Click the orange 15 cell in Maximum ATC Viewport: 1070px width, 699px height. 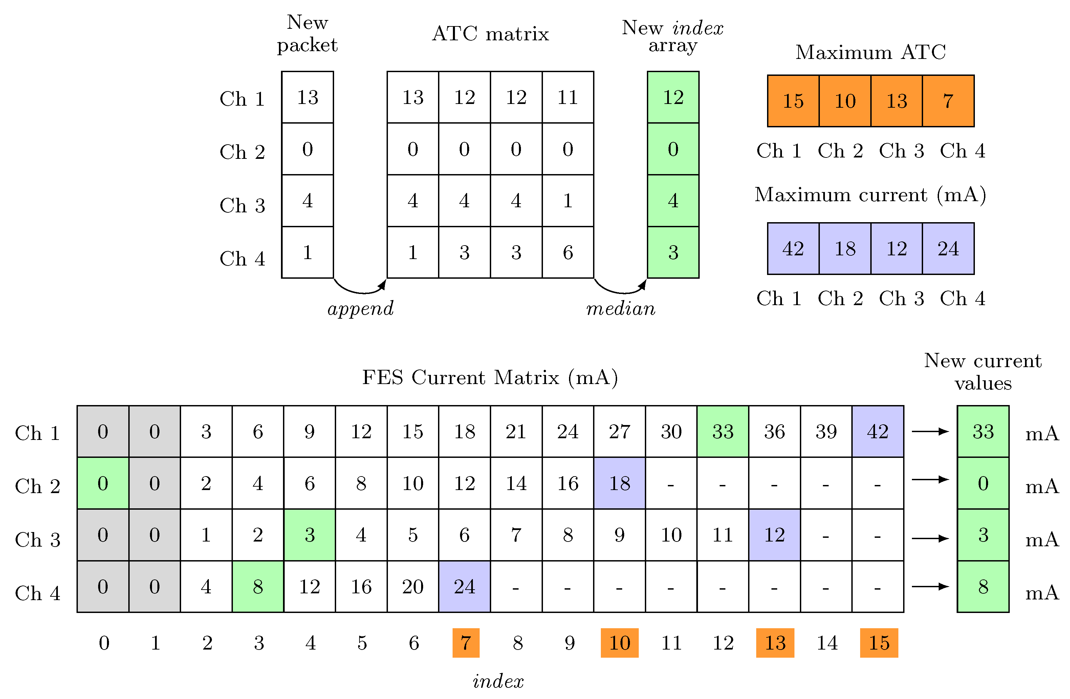793,101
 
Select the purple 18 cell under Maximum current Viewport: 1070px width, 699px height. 845,248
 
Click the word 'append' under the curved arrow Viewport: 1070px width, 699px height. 361,309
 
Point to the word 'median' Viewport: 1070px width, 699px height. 621,309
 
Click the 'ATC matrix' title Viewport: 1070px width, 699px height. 490,34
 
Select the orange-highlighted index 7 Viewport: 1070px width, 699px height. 466,643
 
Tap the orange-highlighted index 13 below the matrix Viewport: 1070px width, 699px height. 775,643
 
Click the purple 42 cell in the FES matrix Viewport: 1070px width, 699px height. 878,431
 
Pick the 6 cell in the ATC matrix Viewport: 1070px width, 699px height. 568,252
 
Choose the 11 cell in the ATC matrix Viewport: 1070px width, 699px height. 568,97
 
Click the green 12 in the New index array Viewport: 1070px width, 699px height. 673,97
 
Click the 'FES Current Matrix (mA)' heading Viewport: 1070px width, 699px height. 490,377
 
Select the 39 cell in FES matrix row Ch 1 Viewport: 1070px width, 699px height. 826,431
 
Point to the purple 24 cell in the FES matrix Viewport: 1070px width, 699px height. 464,587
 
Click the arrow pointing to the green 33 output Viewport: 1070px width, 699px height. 930,431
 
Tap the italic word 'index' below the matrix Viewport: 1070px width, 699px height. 498,681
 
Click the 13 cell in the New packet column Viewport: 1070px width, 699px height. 307,97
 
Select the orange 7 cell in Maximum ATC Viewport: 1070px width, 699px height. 948,101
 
